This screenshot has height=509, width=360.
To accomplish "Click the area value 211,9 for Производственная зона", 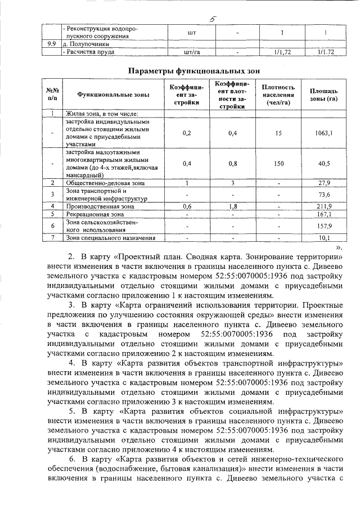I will (323, 206).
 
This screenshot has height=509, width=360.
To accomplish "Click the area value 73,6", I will (323, 195).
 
